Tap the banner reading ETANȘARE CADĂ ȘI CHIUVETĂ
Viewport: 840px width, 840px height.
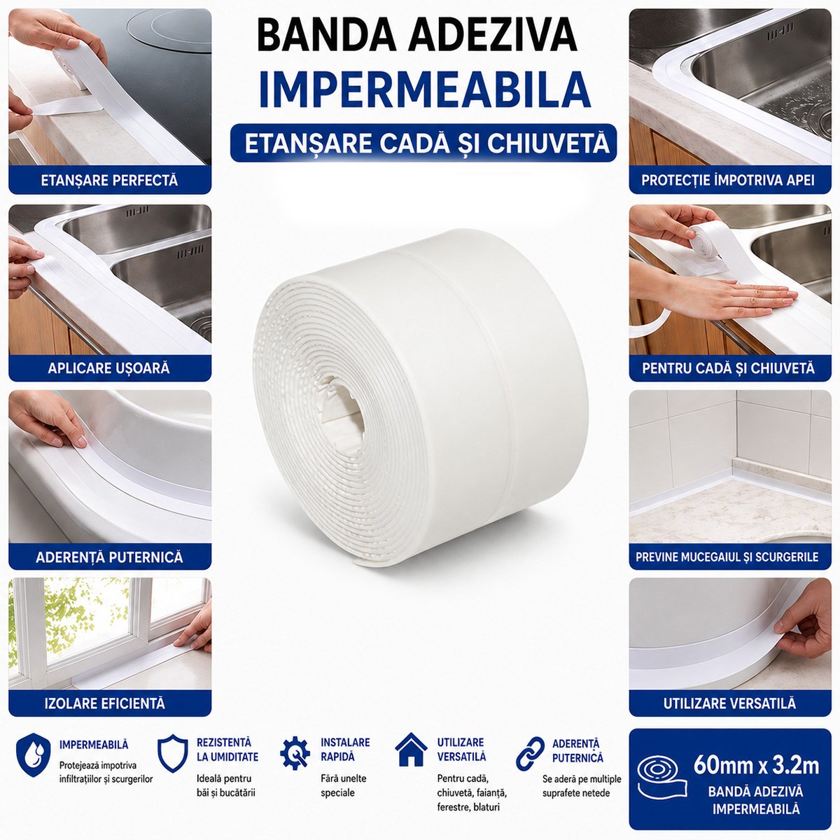[x=423, y=143]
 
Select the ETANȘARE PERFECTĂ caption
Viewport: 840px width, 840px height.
[x=109, y=180]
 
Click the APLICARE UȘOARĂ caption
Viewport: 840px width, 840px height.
[x=109, y=368]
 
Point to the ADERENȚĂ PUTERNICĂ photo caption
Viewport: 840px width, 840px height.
[x=109, y=556]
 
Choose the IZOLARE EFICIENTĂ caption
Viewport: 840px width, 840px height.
[x=105, y=703]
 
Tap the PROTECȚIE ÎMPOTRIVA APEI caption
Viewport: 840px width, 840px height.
[x=728, y=180]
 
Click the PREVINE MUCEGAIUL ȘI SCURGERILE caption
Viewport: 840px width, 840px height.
[x=727, y=556]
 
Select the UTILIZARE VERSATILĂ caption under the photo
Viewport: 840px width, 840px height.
[x=729, y=703]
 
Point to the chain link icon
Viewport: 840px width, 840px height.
[x=530, y=753]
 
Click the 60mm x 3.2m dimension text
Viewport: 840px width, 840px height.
[x=756, y=766]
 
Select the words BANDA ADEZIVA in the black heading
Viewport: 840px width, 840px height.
[x=417, y=36]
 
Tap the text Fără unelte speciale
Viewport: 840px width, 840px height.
[x=344, y=785]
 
